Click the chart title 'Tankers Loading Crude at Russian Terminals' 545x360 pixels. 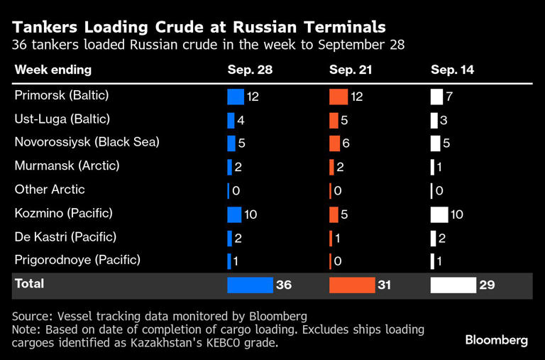[199, 27]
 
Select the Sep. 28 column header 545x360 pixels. [249, 70]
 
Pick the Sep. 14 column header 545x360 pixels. [453, 70]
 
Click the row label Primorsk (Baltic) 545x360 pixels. [61, 95]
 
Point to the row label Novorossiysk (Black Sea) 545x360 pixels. [87, 142]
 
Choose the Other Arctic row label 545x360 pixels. [50, 190]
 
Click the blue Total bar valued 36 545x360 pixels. [250, 285]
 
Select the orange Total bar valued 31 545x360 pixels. [352, 285]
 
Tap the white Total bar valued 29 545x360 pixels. [453, 285]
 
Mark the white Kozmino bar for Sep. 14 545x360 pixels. [439, 214]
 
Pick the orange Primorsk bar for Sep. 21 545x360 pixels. [338, 96]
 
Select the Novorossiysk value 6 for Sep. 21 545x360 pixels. [346, 143]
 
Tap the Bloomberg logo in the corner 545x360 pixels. [496, 340]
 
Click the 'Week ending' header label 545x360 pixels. [53, 70]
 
